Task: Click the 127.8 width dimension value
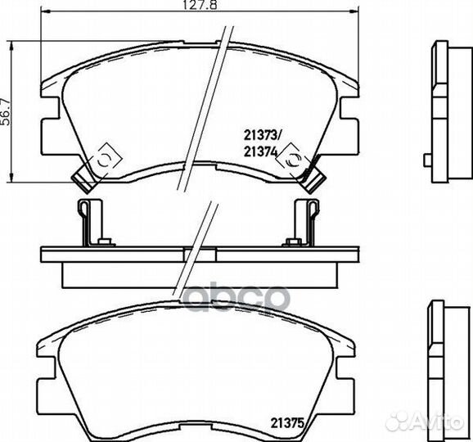click(200, 5)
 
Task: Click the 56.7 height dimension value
click(6, 112)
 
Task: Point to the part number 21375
click(286, 423)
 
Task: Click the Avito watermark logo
click(425, 421)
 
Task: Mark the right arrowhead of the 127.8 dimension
click(355, 11)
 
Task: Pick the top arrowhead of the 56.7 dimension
click(11, 45)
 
